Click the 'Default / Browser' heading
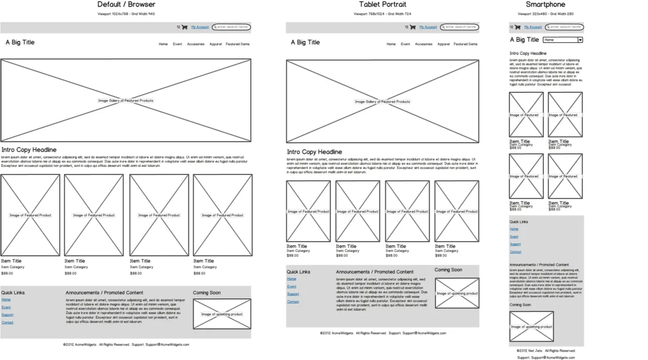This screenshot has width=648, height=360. pos(126,4)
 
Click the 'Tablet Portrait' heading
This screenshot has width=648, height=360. pos(382,4)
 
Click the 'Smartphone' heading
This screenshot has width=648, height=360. pos(545,4)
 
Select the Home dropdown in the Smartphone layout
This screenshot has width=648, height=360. pos(562,40)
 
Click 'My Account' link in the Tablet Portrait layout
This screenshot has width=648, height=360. pos(428,27)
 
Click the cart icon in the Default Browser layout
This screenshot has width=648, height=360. pos(184,27)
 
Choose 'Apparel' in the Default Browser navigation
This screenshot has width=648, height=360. pos(216,44)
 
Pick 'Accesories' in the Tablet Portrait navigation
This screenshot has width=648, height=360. pos(423,44)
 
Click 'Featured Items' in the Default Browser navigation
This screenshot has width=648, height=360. pos(237,44)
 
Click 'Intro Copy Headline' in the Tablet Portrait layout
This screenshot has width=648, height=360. pos(314,152)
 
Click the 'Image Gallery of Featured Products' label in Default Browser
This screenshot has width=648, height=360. pos(126,100)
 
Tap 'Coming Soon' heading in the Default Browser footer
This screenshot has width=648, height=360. pos(206,292)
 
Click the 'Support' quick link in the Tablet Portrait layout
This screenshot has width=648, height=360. pos(292,294)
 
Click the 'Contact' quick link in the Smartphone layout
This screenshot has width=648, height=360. pos(515,252)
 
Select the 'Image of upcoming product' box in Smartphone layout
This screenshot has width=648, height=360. pos(531,327)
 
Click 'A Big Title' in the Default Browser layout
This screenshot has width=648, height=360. pos(20,42)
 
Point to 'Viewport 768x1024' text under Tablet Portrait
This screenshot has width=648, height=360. pos(382,14)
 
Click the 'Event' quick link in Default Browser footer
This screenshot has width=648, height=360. pos(6,307)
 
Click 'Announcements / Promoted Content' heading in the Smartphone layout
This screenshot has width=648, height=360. pos(539,265)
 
